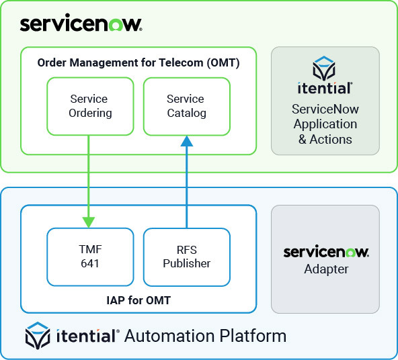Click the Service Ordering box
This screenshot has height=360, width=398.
coord(90,105)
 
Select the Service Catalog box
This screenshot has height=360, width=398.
coord(186,105)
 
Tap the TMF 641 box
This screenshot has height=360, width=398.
coord(90,257)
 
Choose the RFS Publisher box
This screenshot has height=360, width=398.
coord(186,257)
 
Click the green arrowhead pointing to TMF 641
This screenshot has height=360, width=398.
coord(88,221)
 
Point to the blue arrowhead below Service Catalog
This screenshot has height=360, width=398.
coord(186,141)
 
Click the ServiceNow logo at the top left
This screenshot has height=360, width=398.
coord(81,25)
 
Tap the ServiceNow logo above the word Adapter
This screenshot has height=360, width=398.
coord(325,252)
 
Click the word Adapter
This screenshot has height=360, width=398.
coord(325,269)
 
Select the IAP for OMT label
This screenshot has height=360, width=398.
coord(138,300)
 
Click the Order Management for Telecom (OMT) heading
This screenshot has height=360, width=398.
coord(138,63)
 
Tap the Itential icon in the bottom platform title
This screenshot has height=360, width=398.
coord(38,335)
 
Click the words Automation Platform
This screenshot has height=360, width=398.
coord(205,335)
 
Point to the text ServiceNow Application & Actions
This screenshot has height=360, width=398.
coord(325,124)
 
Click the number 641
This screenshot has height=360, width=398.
coord(90,263)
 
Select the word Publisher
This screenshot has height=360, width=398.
coord(186,263)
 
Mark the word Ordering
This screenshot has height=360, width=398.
coord(90,113)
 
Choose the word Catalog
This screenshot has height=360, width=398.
coord(186,113)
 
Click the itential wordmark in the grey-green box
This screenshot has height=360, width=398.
coord(325,88)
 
